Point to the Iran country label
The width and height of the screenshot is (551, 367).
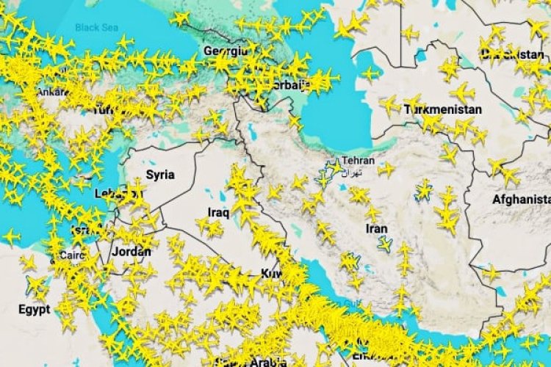coord(376,228)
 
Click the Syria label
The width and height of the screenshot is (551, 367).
coord(160,175)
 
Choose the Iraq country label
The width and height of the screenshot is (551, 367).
coord(218,212)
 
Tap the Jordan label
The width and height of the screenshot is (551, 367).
coord(133,252)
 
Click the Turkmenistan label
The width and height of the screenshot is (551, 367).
coord(443,109)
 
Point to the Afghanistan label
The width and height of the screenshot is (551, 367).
coord(522,199)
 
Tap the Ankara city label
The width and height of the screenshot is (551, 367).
coord(51,92)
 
